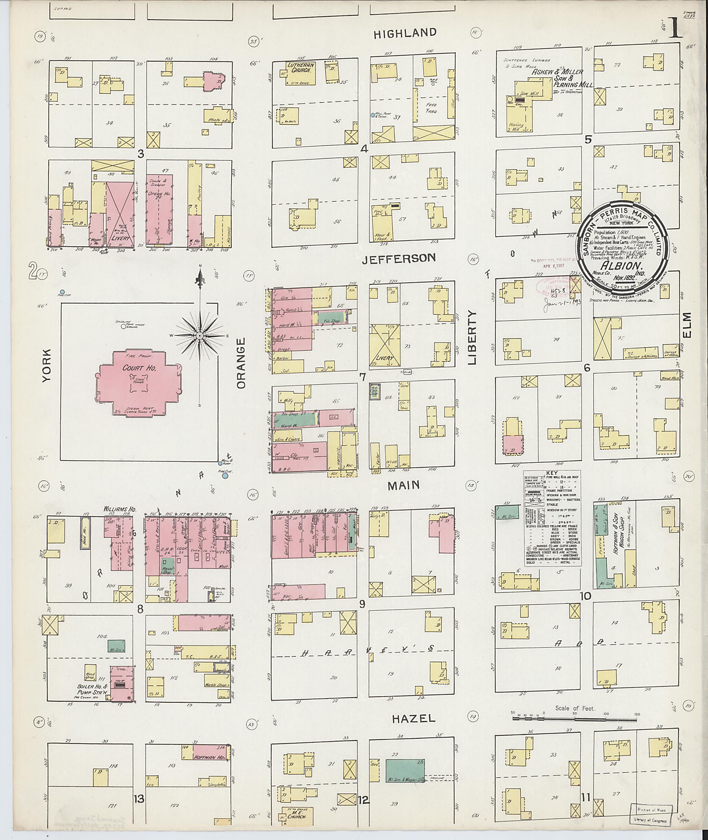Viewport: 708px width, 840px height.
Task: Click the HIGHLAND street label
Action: click(404, 33)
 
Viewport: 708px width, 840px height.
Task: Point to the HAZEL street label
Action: click(413, 718)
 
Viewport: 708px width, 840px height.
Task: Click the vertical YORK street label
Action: click(47, 366)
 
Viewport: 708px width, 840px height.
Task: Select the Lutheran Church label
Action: click(301, 67)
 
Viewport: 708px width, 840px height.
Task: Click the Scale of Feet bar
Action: click(574, 713)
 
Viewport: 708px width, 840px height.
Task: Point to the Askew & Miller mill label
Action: click(558, 73)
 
